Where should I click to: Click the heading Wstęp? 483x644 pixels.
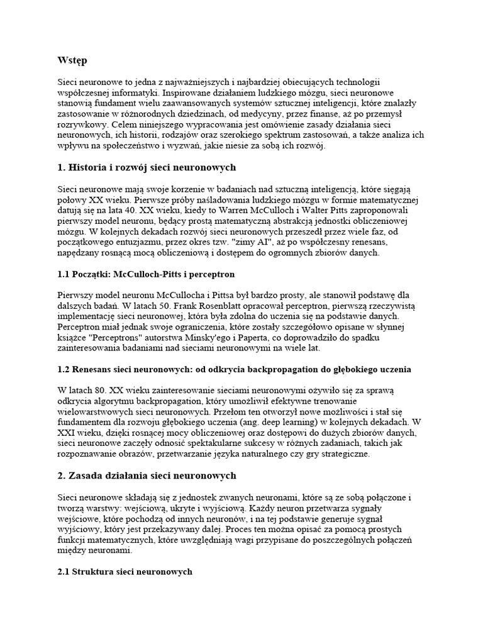click(x=72, y=60)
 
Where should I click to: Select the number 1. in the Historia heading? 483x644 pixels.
click(x=62, y=167)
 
